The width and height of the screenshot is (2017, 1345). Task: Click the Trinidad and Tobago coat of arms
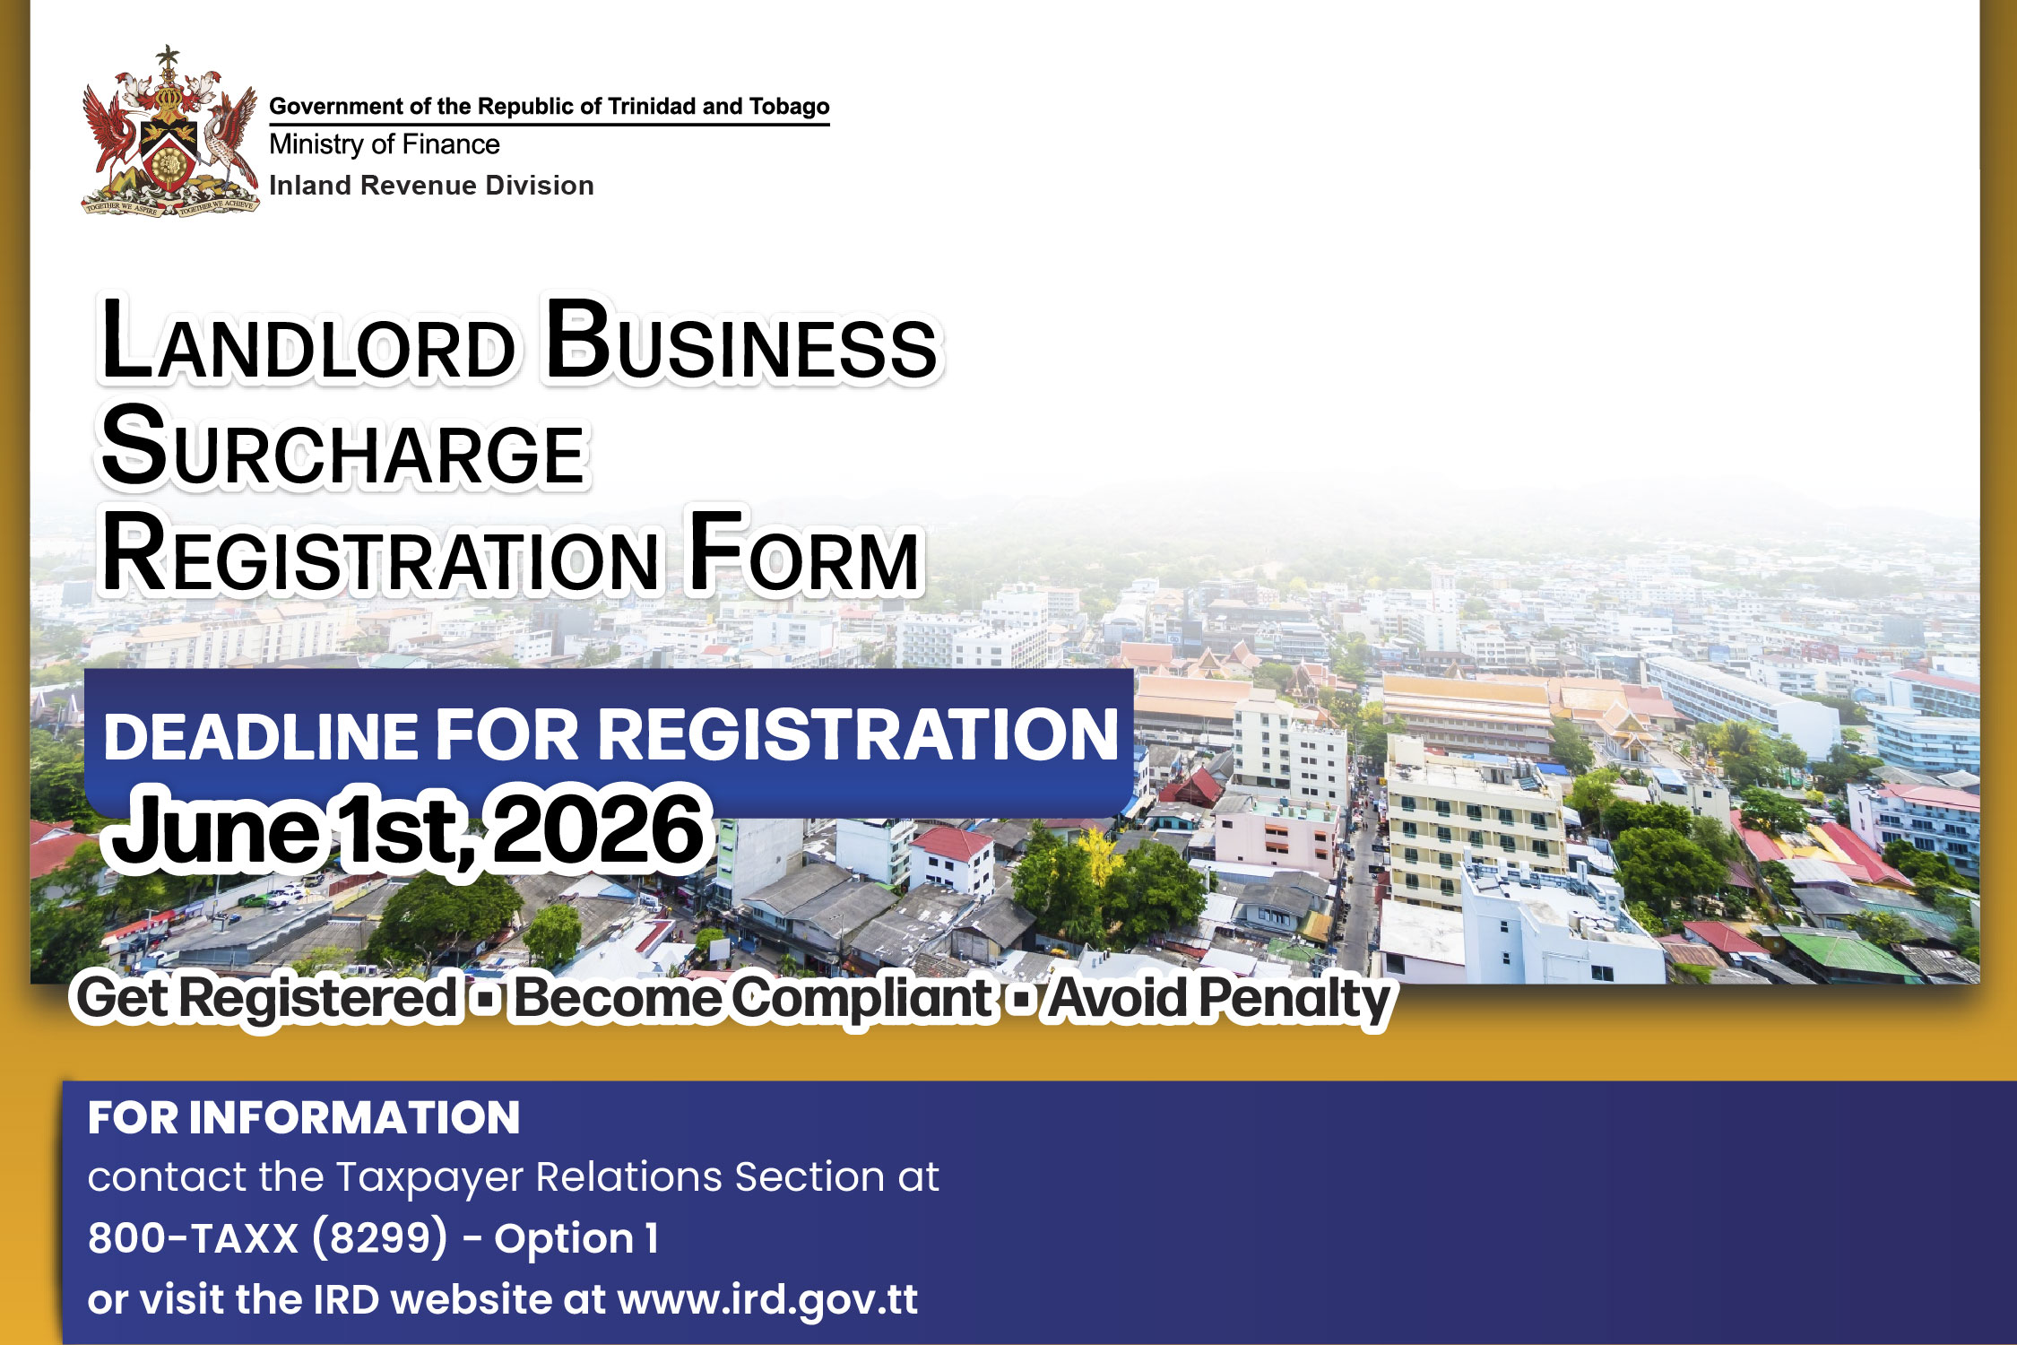pyautogui.click(x=169, y=134)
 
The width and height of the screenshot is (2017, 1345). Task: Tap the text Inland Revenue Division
pyautogui.click(x=431, y=186)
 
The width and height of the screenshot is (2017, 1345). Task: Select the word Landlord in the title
pyautogui.click(x=307, y=343)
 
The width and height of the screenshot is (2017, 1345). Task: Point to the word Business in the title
pyautogui.click(x=741, y=343)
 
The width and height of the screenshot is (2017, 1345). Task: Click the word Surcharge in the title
pyautogui.click(x=343, y=448)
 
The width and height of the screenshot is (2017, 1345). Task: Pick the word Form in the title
pyautogui.click(x=804, y=555)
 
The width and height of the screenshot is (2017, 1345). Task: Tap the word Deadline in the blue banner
pyautogui.click(x=261, y=736)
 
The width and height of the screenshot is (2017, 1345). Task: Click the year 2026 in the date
pyautogui.click(x=598, y=829)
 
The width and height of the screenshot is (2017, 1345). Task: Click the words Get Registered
pyautogui.click(x=266, y=998)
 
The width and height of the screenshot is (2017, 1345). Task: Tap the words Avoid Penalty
pyautogui.click(x=1219, y=998)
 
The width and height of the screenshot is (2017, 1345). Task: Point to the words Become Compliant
pyautogui.click(x=751, y=998)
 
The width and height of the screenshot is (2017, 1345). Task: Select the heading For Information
pyautogui.click(x=304, y=1118)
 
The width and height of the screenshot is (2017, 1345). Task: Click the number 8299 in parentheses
pyautogui.click(x=380, y=1238)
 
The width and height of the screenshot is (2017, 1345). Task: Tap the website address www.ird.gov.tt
pyautogui.click(x=767, y=1299)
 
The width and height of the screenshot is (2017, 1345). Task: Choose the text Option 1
pyautogui.click(x=576, y=1238)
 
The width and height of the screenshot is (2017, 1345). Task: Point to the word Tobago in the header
pyautogui.click(x=789, y=107)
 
